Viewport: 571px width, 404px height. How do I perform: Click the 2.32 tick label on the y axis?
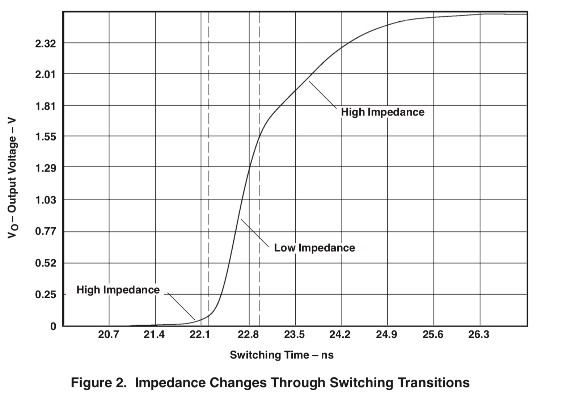coord(46,44)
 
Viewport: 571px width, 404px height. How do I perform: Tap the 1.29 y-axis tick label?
coord(46,168)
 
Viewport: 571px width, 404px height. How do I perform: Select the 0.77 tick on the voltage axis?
coord(46,231)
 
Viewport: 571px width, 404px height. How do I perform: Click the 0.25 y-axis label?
coord(46,295)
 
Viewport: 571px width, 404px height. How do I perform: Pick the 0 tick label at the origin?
coord(53,327)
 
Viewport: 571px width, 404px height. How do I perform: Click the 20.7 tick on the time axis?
coord(108,335)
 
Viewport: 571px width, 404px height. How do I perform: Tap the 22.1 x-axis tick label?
coord(200,335)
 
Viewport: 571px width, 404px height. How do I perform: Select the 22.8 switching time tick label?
coord(248,335)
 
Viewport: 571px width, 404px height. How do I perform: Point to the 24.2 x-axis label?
coord(340,335)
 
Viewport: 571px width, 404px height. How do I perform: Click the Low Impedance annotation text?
coord(314,248)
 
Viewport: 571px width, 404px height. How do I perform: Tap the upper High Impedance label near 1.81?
coord(382,112)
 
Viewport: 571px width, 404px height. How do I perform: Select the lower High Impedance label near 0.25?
coord(118,290)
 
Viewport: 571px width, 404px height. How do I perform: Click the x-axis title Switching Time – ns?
coord(282,355)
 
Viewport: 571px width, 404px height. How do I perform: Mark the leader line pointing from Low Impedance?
coord(255,233)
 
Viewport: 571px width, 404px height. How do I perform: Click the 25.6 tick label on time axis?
coord(433,335)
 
